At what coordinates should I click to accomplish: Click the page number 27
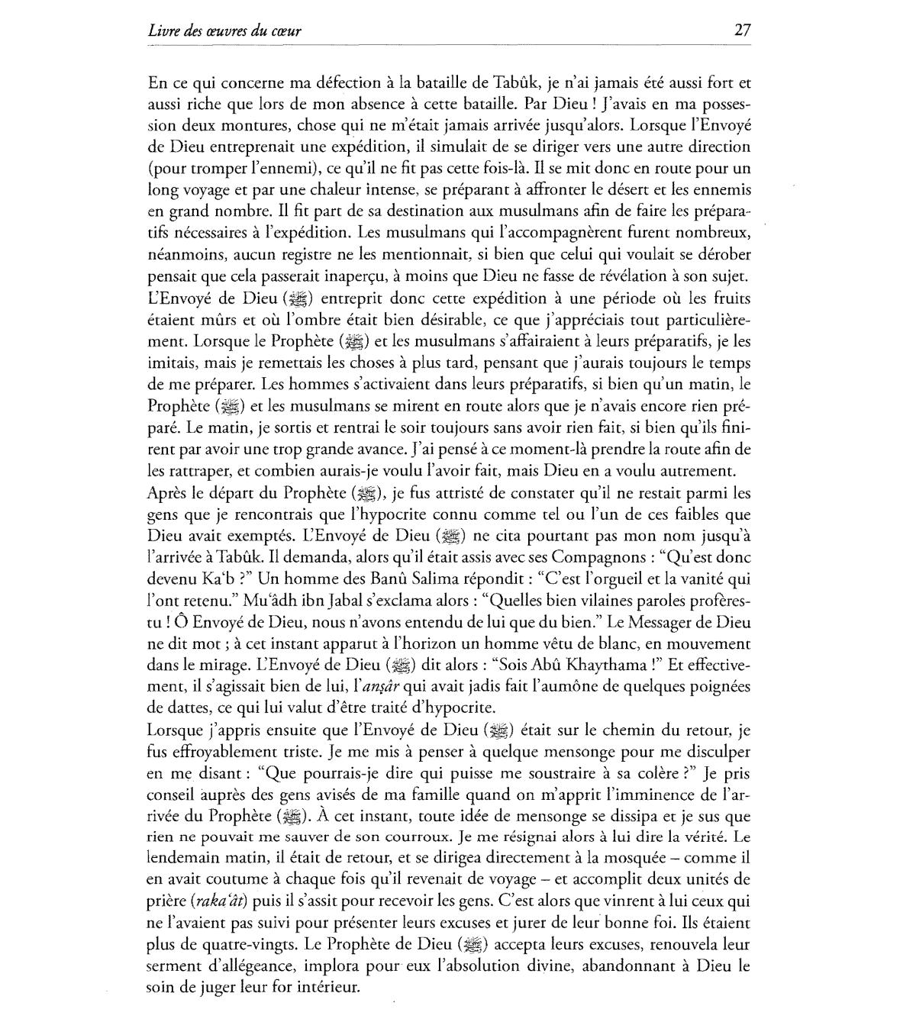click(742, 31)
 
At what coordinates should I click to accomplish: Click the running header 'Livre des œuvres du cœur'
click(224, 31)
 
